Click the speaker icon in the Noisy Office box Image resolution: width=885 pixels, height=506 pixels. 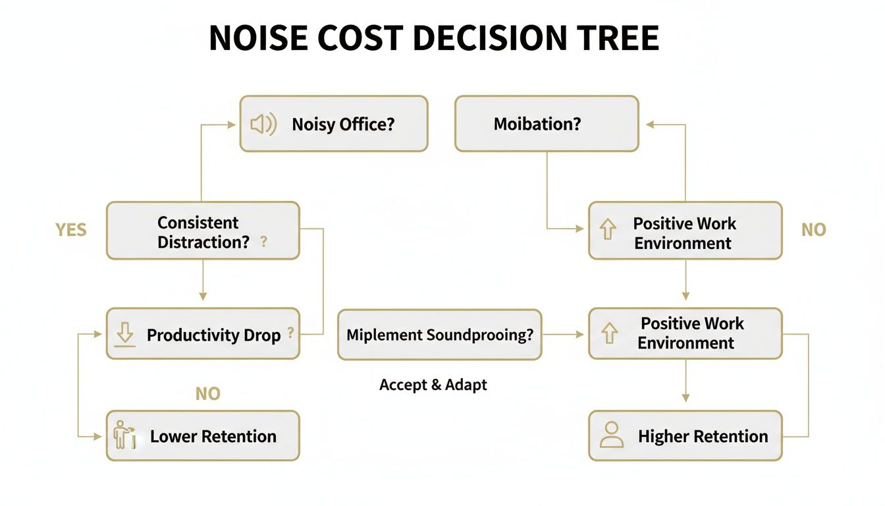point(263,124)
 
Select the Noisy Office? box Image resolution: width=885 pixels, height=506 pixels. point(333,124)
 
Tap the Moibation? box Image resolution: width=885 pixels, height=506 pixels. point(547,124)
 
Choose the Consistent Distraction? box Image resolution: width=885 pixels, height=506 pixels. point(203,231)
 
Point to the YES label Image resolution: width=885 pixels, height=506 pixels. point(71,230)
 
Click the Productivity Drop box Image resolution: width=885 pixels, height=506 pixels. point(203,334)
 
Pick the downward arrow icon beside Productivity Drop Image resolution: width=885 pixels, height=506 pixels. point(124,335)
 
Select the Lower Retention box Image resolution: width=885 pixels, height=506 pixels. point(203,436)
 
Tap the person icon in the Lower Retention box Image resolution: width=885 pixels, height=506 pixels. point(124,436)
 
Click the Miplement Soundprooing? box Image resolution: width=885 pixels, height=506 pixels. point(439,335)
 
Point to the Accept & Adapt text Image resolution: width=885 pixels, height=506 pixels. point(433,385)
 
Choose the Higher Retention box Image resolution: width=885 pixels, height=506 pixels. point(685,436)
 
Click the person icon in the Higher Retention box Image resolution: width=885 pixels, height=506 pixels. point(612,436)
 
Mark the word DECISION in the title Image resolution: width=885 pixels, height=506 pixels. point(489,39)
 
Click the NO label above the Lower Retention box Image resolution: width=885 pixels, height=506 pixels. point(208,394)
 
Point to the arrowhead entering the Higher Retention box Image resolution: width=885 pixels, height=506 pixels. point(685,398)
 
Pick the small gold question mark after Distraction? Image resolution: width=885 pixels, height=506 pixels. point(264,242)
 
